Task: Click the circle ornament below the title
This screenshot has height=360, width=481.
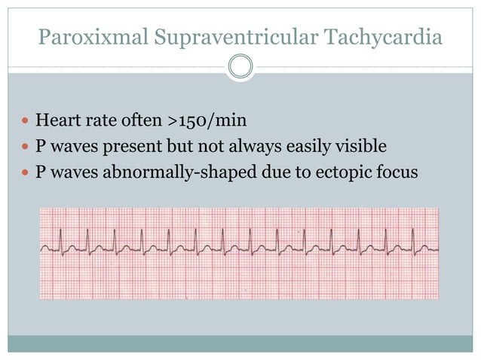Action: (x=240, y=66)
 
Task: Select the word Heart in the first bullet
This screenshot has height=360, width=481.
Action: (x=57, y=120)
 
